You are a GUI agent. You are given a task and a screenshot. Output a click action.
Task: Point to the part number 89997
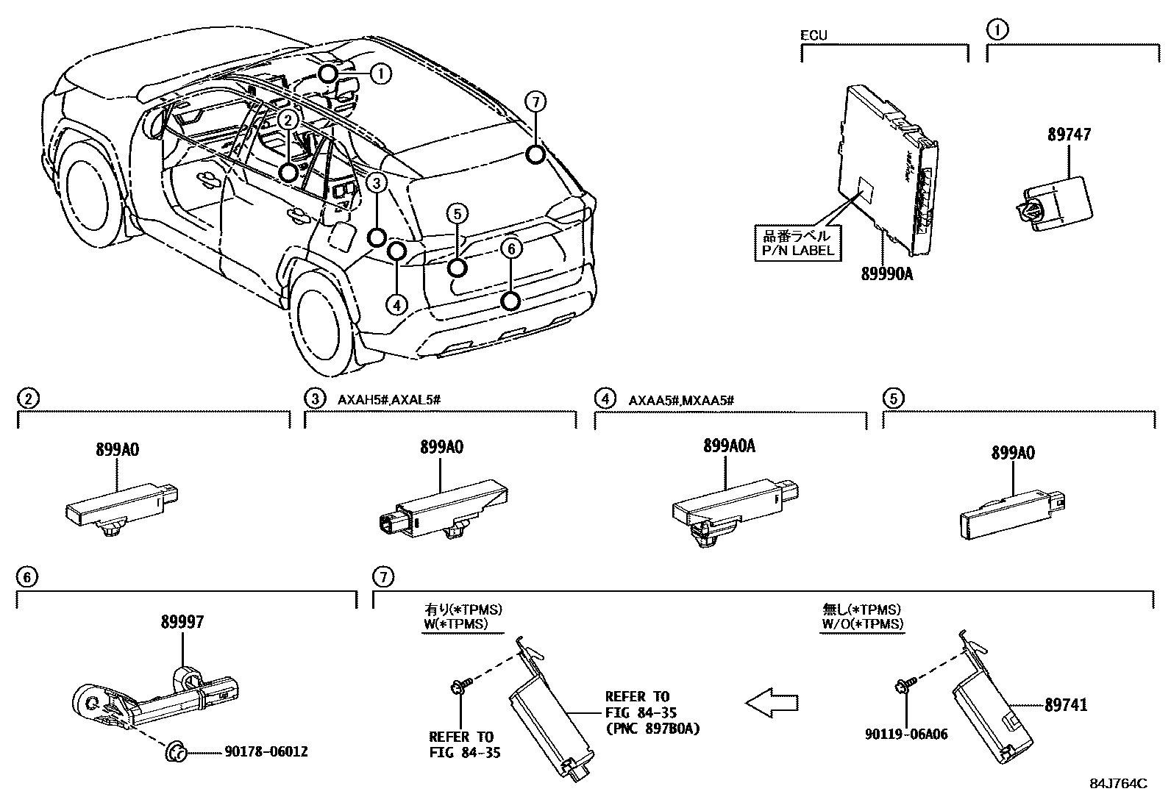(x=182, y=622)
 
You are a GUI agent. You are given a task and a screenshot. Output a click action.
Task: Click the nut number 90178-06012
(x=266, y=751)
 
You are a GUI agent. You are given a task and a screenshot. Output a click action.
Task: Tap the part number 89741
(x=1066, y=704)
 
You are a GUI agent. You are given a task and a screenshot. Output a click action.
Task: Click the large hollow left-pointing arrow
(x=772, y=702)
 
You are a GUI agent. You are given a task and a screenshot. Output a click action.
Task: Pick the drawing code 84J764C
(x=1117, y=784)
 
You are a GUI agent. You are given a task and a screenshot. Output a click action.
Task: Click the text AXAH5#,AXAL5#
(x=389, y=399)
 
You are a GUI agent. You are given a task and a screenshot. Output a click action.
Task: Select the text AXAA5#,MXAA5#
(x=682, y=400)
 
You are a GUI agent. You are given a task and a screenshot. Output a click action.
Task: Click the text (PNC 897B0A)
(x=652, y=729)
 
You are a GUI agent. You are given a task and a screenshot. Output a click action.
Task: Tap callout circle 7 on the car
(x=535, y=102)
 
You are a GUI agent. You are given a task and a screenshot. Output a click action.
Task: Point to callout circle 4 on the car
(x=396, y=304)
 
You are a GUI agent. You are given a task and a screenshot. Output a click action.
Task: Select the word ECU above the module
(x=814, y=35)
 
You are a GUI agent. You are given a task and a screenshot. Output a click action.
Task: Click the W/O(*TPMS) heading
(x=862, y=623)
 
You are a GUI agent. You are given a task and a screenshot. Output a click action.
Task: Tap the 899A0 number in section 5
(x=1013, y=453)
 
